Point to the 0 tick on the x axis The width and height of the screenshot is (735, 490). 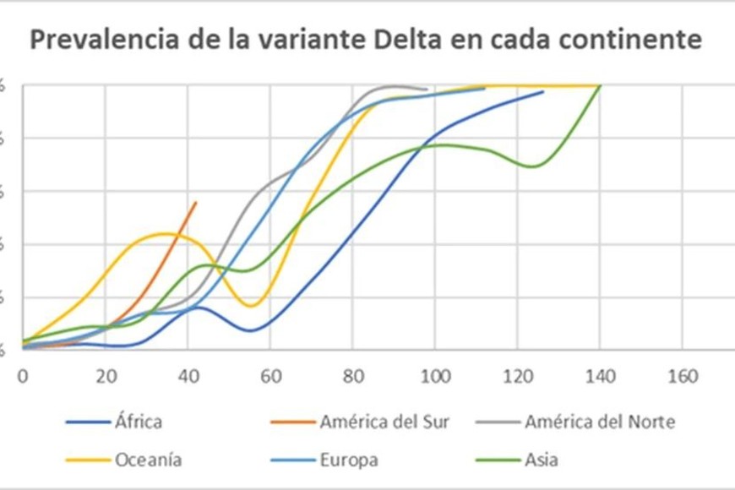tap(23, 376)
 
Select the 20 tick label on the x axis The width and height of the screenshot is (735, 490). tap(106, 376)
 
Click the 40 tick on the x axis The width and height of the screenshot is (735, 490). tap(188, 376)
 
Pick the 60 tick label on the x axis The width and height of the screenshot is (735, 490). tap(270, 376)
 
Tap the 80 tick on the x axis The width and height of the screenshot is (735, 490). tap(352, 376)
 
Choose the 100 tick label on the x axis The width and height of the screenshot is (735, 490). tap(434, 376)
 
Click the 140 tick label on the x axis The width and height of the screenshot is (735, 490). tap(599, 376)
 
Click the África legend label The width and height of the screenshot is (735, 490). tap(139, 422)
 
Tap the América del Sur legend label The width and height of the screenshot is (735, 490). tap(384, 422)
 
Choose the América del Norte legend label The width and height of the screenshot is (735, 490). tap(600, 422)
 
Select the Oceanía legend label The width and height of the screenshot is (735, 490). tap(149, 460)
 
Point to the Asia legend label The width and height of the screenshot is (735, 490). tap(542, 460)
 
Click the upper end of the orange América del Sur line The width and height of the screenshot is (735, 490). tap(196, 202)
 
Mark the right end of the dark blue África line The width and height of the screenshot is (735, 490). tap(542, 91)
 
